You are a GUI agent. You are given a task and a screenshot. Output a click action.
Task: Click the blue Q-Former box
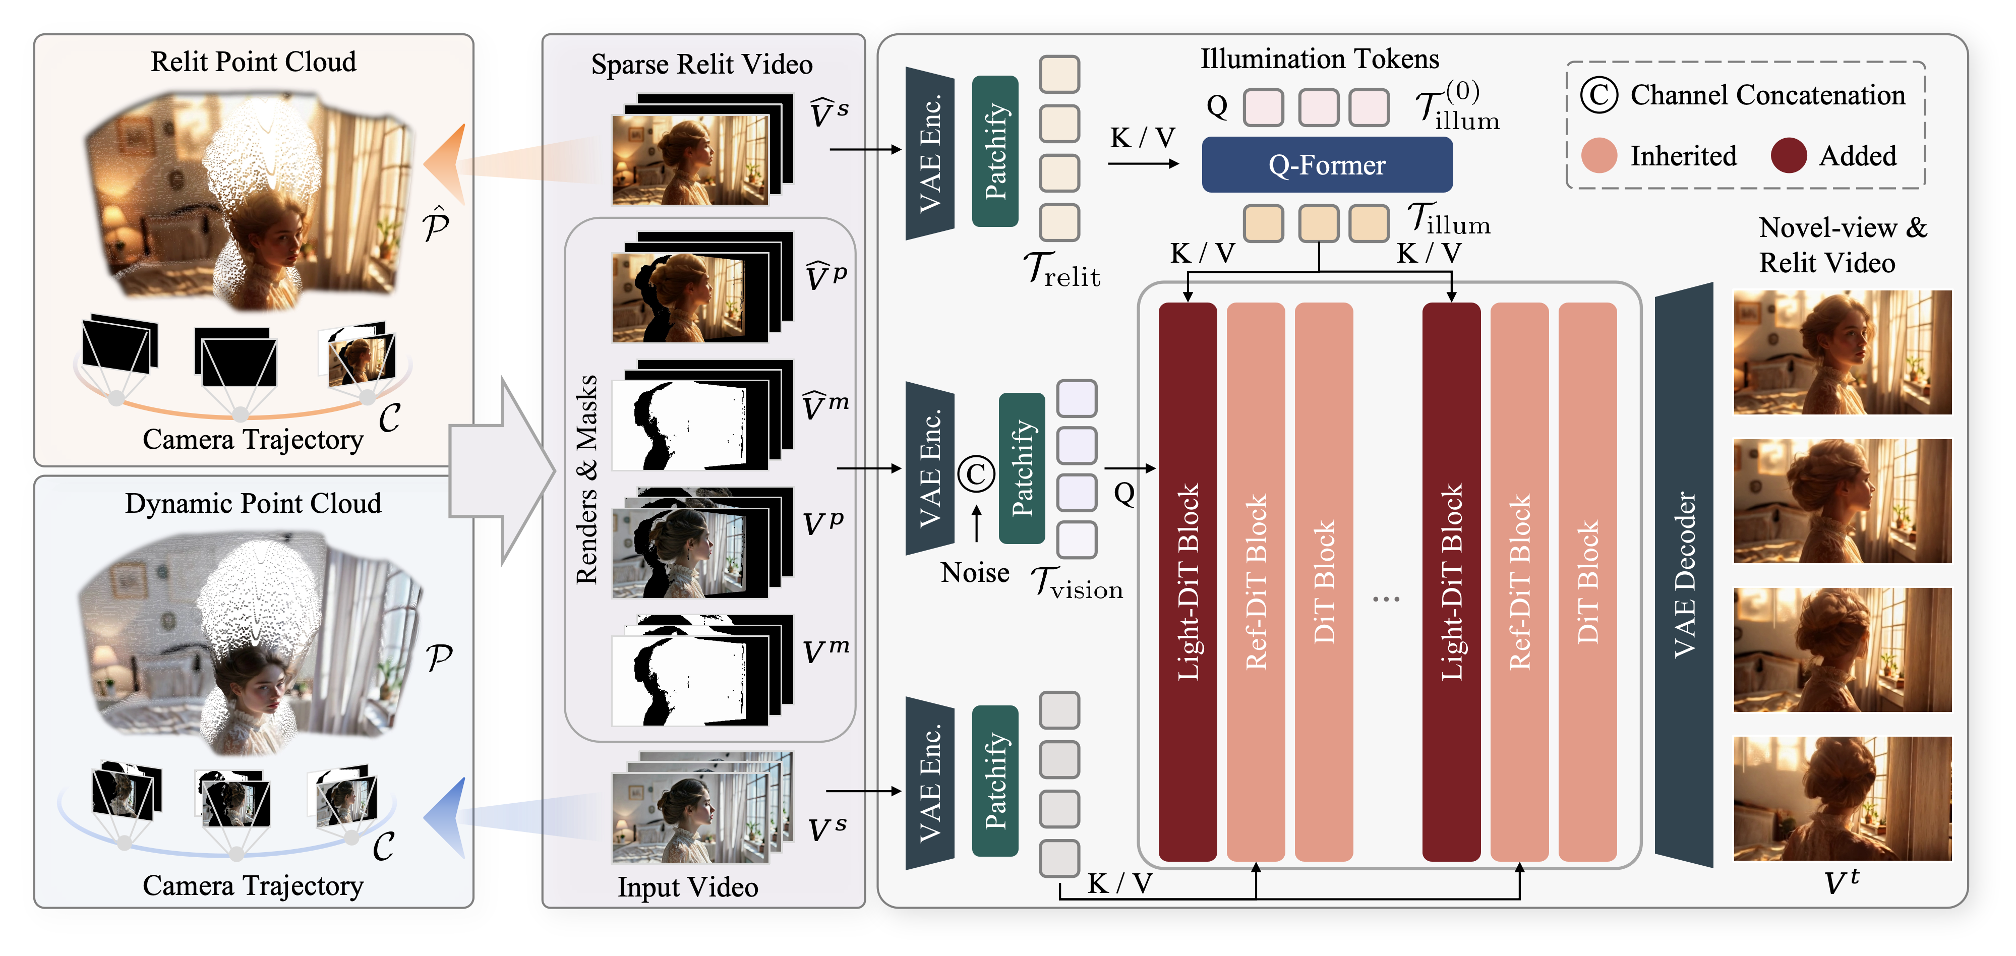point(1327,164)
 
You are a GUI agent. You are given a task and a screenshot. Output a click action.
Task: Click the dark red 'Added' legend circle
point(1788,156)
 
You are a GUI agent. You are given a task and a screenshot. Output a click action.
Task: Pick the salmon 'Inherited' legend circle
point(1599,156)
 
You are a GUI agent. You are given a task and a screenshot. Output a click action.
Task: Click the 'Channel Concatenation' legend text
point(1767,95)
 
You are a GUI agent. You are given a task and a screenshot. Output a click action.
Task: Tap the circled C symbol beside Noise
point(976,473)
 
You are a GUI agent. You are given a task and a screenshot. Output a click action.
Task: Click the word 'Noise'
point(974,573)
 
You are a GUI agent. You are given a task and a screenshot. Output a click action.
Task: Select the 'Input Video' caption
point(687,887)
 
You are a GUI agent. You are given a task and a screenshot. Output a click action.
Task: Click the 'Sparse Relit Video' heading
point(701,64)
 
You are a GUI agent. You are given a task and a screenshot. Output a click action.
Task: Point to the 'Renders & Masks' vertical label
point(586,480)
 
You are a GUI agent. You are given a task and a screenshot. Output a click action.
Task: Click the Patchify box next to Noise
point(1021,468)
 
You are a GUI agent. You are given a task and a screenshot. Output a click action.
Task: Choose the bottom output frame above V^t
point(1842,798)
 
